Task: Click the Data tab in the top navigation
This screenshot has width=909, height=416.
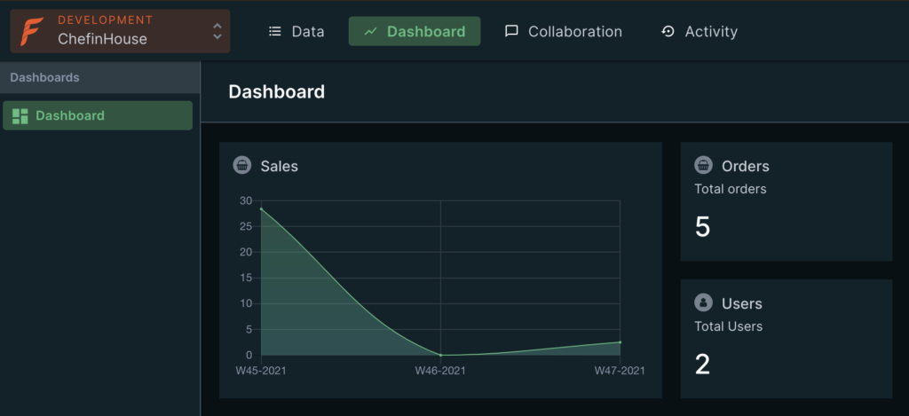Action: pos(296,32)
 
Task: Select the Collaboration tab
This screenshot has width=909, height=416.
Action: pos(564,32)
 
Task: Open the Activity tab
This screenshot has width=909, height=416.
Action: pos(700,32)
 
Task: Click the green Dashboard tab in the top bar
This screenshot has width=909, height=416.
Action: pos(415,32)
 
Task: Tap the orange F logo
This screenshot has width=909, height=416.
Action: pos(33,31)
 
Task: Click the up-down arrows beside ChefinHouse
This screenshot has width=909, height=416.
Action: pos(217,31)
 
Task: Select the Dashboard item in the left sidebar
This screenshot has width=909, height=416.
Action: pos(98,115)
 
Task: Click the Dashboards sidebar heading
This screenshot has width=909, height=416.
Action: pos(45,77)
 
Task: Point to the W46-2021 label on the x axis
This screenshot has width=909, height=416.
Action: pos(440,371)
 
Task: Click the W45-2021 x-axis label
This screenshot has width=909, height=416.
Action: pos(261,371)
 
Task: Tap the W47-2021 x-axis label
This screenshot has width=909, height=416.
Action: pos(620,371)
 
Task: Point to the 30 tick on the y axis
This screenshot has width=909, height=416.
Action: pos(246,200)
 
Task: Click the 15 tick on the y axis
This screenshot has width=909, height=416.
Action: pos(246,278)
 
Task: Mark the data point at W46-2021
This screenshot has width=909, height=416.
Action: pos(440,355)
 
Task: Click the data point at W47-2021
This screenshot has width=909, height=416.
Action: pos(620,342)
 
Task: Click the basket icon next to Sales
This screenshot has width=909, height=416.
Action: pos(241,165)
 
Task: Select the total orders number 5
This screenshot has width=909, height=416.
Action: pos(703,227)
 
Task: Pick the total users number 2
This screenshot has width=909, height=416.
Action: pos(703,365)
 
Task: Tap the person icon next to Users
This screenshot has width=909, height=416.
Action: pos(703,302)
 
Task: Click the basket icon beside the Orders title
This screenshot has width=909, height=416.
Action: pos(703,165)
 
